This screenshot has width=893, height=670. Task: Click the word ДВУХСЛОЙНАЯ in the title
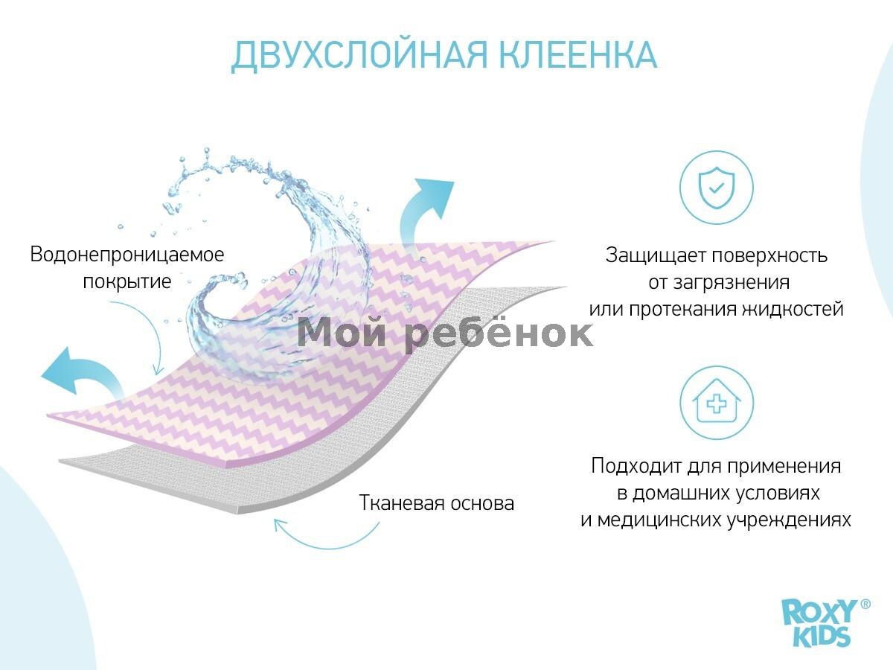click(359, 56)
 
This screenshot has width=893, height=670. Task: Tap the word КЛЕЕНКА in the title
click(577, 55)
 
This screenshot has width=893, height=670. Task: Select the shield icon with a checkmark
click(717, 188)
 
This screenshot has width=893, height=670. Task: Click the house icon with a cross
click(717, 403)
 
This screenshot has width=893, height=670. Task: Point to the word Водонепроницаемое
click(127, 255)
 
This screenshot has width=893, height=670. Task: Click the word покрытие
click(127, 281)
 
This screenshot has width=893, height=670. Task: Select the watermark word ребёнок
click(499, 334)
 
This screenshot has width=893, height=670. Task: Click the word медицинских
click(659, 520)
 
